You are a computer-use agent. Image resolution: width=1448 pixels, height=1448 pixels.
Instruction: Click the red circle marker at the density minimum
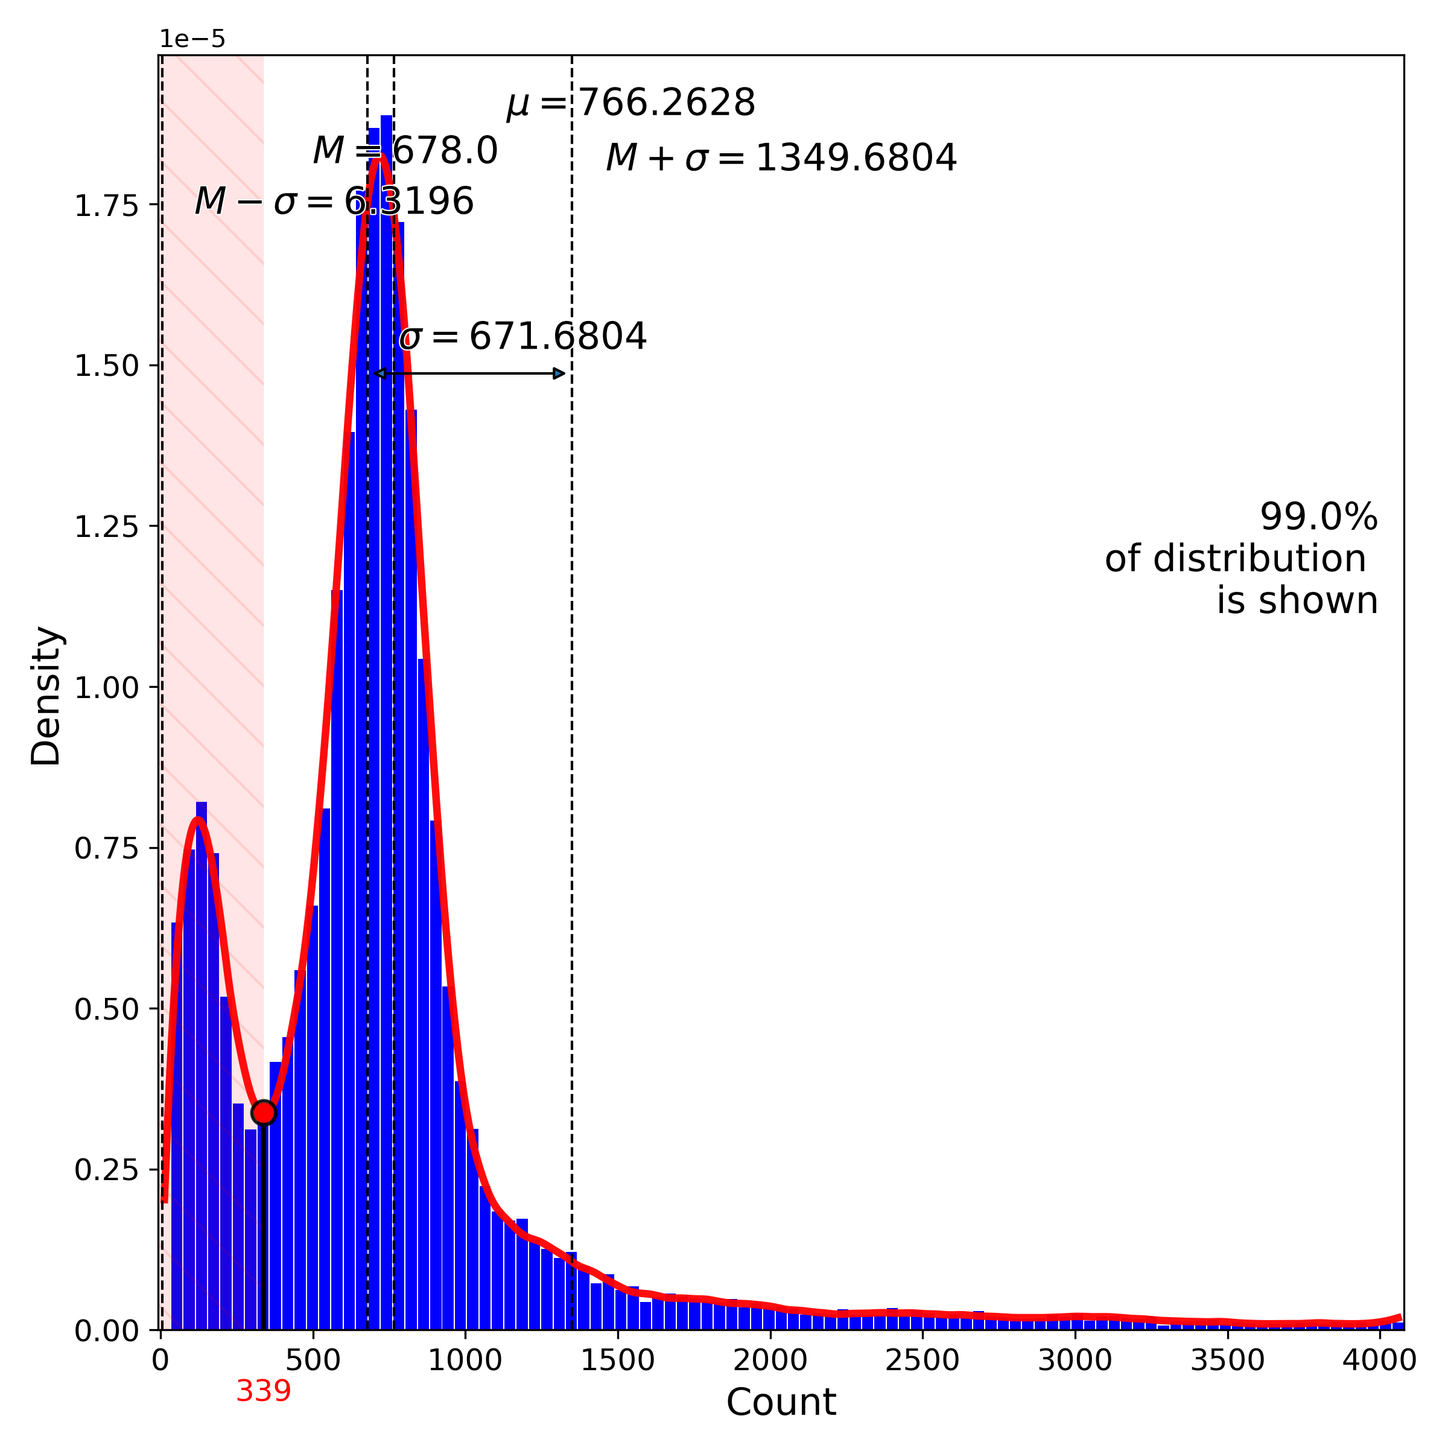click(264, 1112)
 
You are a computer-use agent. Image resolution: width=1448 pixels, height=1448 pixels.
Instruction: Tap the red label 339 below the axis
click(263, 1392)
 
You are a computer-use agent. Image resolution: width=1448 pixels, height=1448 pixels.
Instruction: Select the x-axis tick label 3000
click(1075, 1361)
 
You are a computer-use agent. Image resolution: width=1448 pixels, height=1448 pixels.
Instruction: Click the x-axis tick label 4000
click(1379, 1361)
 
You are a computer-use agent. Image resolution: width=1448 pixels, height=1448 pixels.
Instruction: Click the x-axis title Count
click(781, 1402)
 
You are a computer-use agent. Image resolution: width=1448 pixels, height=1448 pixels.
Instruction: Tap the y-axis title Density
click(46, 696)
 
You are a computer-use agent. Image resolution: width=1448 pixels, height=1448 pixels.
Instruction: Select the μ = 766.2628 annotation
click(631, 103)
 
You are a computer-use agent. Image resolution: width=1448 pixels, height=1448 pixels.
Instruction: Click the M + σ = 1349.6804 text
click(781, 158)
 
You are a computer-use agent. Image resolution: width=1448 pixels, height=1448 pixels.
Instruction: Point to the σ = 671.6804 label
click(523, 337)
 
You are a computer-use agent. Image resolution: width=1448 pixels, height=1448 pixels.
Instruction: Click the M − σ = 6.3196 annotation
click(334, 202)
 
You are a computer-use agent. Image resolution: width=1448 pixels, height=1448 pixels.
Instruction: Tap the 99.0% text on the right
click(1318, 517)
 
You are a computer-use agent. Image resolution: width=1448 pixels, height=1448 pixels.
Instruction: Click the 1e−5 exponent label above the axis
click(192, 40)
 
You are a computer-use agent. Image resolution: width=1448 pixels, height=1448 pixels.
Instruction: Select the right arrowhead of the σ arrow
click(559, 373)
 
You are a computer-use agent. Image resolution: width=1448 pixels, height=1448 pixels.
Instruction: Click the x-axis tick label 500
click(313, 1361)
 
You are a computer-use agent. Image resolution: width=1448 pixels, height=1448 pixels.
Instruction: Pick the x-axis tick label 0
click(160, 1361)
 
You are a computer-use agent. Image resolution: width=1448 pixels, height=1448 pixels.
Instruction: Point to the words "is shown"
click(1297, 601)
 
